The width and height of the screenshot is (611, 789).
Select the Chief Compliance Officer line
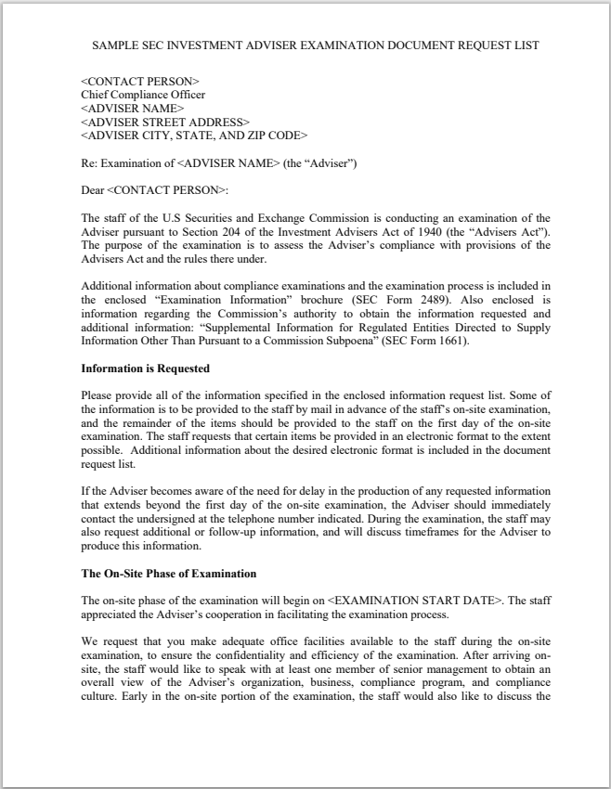pos(143,95)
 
